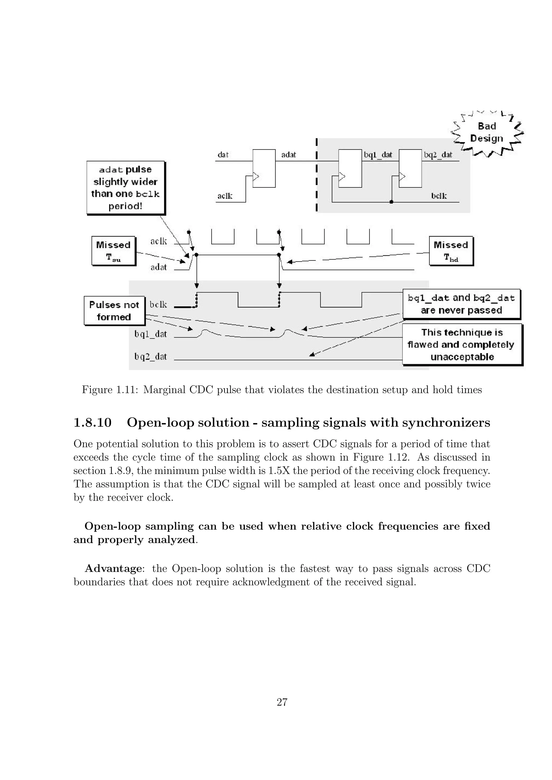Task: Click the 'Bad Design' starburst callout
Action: (x=487, y=133)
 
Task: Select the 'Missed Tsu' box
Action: (x=113, y=251)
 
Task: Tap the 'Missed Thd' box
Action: (x=451, y=251)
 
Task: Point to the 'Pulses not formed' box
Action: (x=114, y=311)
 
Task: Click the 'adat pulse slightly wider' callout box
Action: (x=125, y=188)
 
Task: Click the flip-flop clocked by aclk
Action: (x=264, y=169)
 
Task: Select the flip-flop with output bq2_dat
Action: (x=410, y=169)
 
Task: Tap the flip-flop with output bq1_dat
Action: (x=350, y=169)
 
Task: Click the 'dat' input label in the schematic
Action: (x=223, y=155)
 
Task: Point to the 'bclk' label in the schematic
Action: (x=439, y=196)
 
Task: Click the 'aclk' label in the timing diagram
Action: (x=159, y=241)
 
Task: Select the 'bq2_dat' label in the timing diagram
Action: (x=151, y=357)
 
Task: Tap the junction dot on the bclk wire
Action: (x=392, y=202)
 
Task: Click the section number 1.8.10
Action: (x=92, y=423)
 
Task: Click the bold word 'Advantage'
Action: (x=113, y=568)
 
